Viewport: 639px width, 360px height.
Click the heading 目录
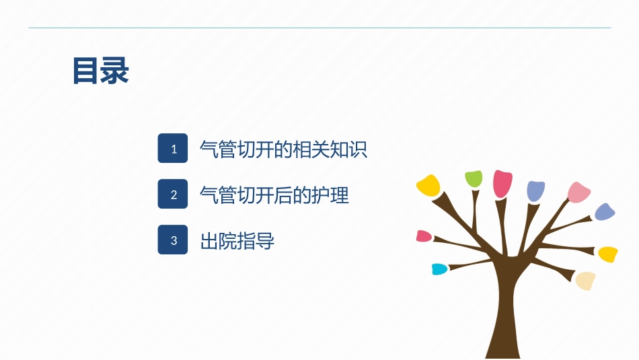click(100, 71)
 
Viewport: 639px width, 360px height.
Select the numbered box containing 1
click(173, 149)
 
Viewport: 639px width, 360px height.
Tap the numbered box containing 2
click(173, 194)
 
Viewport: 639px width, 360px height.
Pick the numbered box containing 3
click(173, 240)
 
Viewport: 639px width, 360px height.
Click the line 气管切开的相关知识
click(283, 149)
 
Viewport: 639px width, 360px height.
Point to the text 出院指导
click(237, 240)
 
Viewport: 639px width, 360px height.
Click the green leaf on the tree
click(474, 179)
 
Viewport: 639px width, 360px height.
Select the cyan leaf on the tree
click(439, 269)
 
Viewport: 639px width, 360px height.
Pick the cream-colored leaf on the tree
click(585, 280)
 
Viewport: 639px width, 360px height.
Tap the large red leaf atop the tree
click(502, 183)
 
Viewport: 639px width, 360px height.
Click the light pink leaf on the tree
click(578, 192)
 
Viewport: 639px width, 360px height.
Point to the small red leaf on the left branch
click(424, 236)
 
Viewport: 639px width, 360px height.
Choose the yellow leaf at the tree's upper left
click(428, 185)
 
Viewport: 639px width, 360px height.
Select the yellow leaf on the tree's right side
click(608, 254)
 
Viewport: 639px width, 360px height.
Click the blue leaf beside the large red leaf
click(535, 191)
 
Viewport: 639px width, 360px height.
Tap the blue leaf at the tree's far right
click(605, 212)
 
